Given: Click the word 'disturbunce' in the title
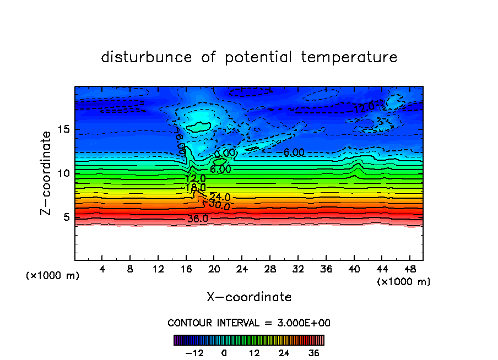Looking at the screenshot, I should point(147,57).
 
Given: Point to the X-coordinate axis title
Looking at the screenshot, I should point(249,297).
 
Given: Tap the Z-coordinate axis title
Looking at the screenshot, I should point(47,173).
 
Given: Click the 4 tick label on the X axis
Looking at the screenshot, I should point(102,270).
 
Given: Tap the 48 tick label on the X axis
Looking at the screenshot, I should point(409,270).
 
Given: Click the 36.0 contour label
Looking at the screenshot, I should point(197,219).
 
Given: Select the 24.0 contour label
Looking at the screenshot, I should point(220,197).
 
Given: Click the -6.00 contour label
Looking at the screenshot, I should point(293,152).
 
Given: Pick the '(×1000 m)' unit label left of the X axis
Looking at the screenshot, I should point(53,276).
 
